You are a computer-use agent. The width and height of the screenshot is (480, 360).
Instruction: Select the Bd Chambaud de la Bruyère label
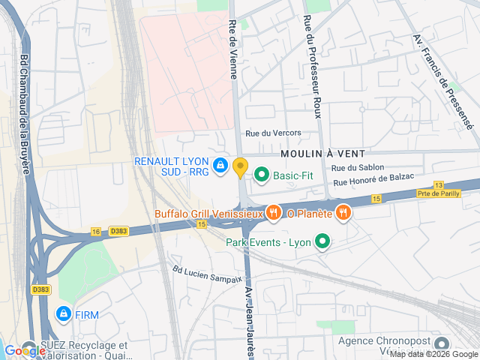pos(25,112)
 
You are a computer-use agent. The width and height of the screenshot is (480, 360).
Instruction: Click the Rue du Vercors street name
pos(273,133)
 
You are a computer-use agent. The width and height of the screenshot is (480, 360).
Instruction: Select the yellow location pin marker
pos(240,167)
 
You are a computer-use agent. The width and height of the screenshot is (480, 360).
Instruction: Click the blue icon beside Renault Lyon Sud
pos(220,166)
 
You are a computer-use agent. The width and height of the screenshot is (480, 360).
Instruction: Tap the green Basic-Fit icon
pos(262,175)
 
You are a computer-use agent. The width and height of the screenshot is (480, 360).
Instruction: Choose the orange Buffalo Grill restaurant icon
pos(273,213)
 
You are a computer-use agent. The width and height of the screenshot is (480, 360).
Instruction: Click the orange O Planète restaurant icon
pos(343,213)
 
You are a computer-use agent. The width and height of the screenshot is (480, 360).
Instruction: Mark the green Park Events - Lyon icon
pos(322,241)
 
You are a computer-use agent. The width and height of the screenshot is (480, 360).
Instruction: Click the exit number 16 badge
pos(96,232)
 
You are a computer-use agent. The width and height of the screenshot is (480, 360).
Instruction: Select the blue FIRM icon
pos(64,313)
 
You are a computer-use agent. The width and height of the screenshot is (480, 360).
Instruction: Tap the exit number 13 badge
pos(439,184)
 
